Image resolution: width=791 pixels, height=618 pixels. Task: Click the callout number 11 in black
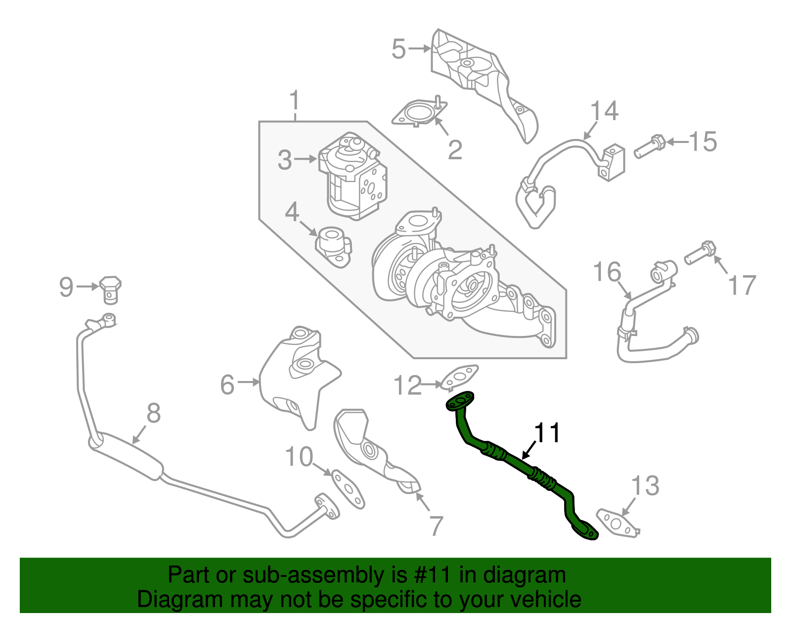pos(547,433)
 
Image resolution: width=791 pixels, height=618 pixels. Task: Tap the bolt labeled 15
pos(650,146)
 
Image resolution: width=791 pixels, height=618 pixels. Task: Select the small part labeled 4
pos(334,245)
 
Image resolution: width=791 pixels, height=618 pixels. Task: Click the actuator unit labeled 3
pos(352,176)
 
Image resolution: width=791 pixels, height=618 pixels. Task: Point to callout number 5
pos(398,49)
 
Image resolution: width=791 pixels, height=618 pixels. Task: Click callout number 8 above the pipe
pos(154,413)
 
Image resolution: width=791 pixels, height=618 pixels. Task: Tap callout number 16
pos(607,273)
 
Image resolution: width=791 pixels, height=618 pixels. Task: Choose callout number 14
pos(605,111)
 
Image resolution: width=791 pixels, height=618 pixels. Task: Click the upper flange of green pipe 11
pos(460,401)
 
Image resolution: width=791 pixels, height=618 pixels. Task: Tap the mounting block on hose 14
pos(612,162)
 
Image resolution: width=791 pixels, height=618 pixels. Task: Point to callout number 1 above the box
pos(295,101)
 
